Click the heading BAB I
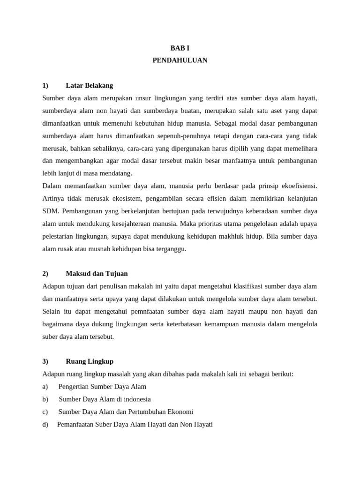[180, 48]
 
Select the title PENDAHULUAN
[180, 60]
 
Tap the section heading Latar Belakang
[90, 86]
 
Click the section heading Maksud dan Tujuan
[97, 274]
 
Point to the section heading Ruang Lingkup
[90, 361]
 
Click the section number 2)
[45, 274]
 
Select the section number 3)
[45, 361]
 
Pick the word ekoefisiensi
[297, 186]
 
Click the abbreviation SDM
[51, 211]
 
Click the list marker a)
[45, 387]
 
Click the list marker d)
[45, 425]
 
